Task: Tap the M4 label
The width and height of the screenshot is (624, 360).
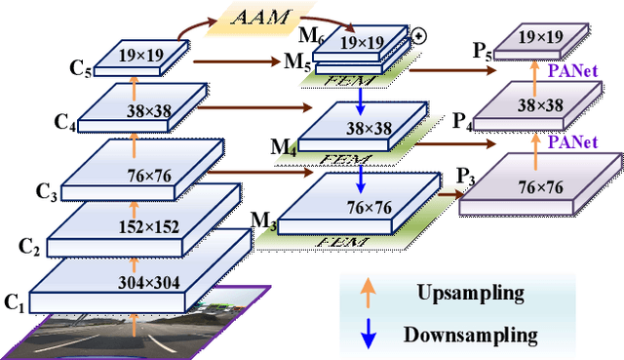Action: coord(283,148)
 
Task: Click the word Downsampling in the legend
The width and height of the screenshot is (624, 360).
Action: coord(471,335)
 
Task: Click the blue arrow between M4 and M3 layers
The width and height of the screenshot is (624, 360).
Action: coord(361,178)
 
